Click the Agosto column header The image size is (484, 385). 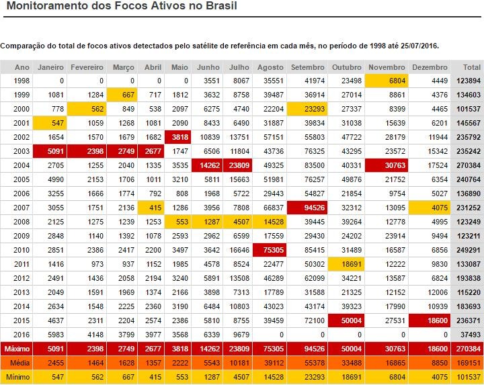270,68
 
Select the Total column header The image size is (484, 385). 471,68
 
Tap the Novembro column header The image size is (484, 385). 387,68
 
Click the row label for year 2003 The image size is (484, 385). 22,152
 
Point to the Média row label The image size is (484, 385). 19,363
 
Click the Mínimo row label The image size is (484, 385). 18,378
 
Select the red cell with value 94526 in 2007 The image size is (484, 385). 308,208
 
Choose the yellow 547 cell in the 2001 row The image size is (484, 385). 50,124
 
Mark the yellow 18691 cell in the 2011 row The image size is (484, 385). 348,265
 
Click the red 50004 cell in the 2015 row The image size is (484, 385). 348,321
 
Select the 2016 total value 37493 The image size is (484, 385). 469,335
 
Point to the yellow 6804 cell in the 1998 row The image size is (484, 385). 387,81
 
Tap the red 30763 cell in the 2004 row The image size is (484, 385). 387,166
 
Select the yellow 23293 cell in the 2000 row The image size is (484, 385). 308,110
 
